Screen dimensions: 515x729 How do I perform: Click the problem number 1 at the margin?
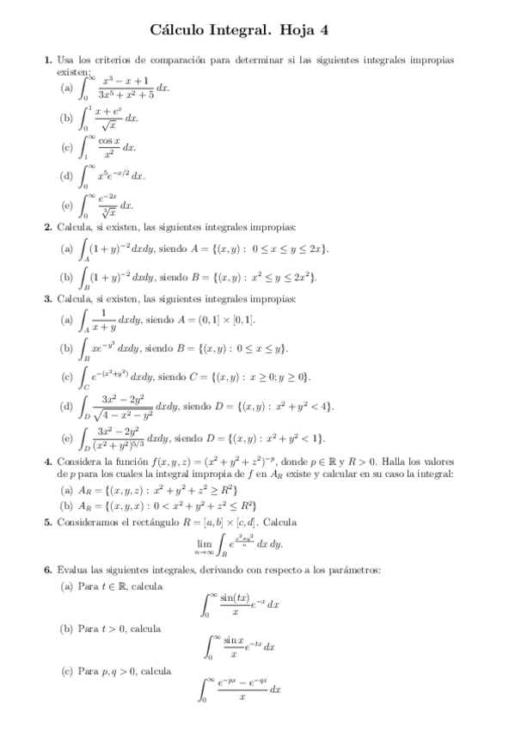(48, 60)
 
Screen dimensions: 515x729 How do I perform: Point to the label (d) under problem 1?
(66, 176)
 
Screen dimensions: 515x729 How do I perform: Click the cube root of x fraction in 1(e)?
(107, 205)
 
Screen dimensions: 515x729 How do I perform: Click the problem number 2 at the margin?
(48, 227)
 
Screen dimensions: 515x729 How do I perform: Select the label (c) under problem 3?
(66, 377)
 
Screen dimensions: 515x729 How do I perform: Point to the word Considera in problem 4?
(77, 462)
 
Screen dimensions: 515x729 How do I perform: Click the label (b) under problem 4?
(66, 505)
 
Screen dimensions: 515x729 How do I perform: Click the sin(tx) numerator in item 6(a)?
(239, 597)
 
